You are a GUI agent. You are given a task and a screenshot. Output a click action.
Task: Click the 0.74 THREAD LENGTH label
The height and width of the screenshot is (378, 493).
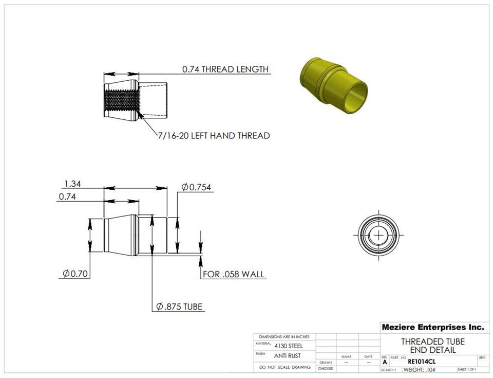click(225, 69)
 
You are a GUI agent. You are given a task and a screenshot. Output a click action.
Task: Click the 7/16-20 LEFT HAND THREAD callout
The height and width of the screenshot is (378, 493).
click(214, 136)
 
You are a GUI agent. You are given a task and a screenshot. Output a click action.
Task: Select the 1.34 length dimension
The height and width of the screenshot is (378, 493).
click(72, 184)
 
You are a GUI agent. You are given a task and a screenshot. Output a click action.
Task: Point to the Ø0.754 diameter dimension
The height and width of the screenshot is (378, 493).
click(197, 187)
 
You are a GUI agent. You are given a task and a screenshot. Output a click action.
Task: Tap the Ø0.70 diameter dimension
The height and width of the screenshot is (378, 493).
click(73, 274)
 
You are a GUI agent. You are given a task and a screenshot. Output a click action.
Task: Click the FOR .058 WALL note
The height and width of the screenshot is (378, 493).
click(234, 274)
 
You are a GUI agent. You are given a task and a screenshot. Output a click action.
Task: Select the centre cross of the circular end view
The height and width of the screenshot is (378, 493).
click(378, 235)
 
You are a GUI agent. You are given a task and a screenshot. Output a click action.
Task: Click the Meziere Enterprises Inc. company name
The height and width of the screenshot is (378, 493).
click(432, 327)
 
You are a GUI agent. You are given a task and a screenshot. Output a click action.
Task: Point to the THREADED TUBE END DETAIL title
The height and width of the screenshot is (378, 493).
click(432, 346)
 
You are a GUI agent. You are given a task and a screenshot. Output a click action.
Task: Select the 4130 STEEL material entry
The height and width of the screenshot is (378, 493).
click(288, 346)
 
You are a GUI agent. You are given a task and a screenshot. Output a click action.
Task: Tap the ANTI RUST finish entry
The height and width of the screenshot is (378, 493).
click(288, 356)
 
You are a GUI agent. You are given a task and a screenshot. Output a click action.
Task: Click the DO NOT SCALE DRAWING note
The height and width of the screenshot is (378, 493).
click(285, 367)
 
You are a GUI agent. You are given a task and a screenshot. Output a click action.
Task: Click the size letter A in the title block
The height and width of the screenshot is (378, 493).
click(385, 362)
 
